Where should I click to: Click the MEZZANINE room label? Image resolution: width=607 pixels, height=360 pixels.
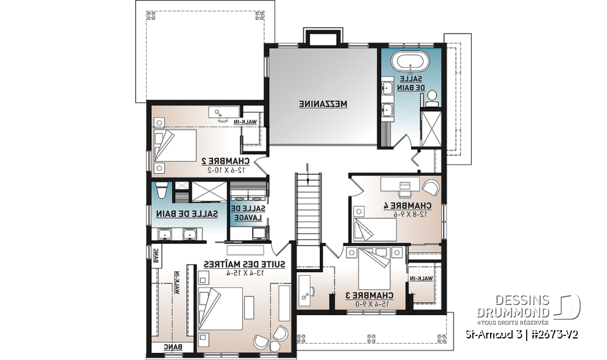pos(324,103)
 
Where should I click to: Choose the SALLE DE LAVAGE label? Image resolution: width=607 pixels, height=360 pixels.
pos(248,212)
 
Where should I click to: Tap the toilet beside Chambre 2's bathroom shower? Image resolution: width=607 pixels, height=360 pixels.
pos(161,190)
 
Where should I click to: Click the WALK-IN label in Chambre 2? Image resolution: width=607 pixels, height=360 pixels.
pos(251,121)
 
